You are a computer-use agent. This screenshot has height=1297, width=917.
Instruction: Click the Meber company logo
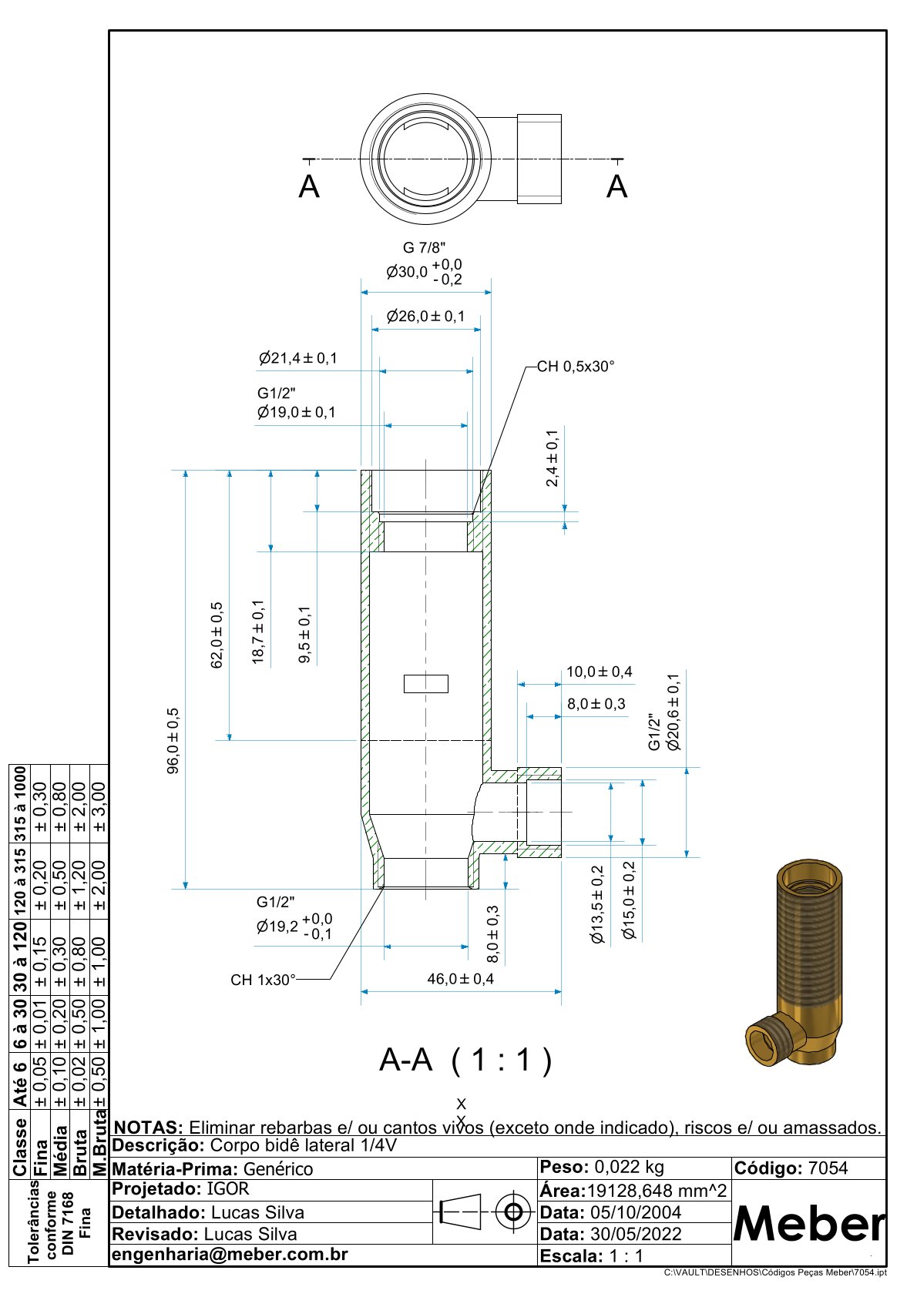[x=808, y=1224]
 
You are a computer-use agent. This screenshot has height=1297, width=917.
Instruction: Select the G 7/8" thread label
[x=424, y=248]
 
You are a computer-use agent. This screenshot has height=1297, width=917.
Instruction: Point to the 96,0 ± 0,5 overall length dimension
[x=173, y=740]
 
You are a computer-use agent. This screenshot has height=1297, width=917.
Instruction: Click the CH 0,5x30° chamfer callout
[x=576, y=367]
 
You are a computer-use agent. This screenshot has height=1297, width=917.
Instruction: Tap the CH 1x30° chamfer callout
[x=263, y=980]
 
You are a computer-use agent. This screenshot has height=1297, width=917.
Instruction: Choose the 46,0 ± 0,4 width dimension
[x=460, y=979]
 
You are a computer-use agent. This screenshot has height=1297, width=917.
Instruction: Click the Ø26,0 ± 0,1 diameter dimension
[x=425, y=317]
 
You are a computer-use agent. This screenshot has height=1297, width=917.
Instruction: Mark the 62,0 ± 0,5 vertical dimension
[x=217, y=635]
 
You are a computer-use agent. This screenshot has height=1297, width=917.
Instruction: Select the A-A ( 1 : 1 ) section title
[x=465, y=1061]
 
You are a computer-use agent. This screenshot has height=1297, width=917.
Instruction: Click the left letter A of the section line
[x=309, y=187]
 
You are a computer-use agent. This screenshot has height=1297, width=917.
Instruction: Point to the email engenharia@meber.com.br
[x=230, y=1255]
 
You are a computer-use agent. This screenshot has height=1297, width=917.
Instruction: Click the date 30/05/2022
[x=636, y=1234]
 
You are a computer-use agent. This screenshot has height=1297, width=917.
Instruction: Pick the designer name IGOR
[x=228, y=1188]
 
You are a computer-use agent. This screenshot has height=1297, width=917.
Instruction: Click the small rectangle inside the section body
[x=426, y=683]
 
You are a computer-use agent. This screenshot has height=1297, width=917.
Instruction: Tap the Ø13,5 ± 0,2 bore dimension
[x=597, y=905]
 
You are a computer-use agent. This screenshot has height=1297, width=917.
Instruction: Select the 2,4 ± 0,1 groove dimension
[x=553, y=458]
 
